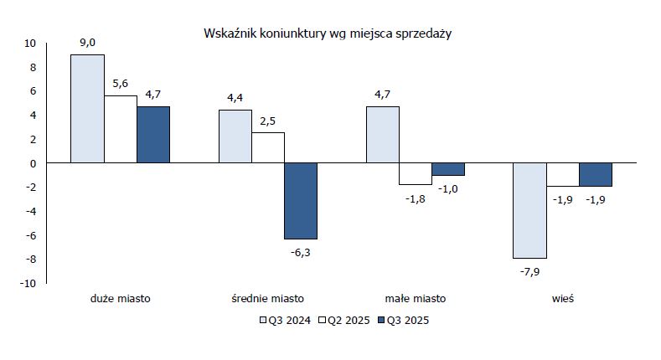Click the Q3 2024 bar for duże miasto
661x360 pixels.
click(x=87, y=109)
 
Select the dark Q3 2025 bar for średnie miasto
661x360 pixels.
click(x=301, y=201)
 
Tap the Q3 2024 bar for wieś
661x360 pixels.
click(x=529, y=210)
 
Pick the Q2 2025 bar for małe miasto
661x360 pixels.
click(x=416, y=173)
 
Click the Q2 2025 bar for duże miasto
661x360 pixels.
click(x=121, y=129)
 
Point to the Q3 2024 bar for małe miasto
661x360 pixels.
click(x=383, y=135)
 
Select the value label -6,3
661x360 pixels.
click(x=301, y=250)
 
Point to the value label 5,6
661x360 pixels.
click(x=121, y=85)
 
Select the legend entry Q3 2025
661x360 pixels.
click(x=405, y=320)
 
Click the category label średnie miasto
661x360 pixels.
click(x=268, y=298)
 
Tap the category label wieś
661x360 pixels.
click(x=562, y=298)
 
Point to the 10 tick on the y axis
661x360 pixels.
click(x=30, y=43)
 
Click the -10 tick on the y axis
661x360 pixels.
click(x=28, y=283)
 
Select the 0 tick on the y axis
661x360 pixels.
click(x=33, y=163)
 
